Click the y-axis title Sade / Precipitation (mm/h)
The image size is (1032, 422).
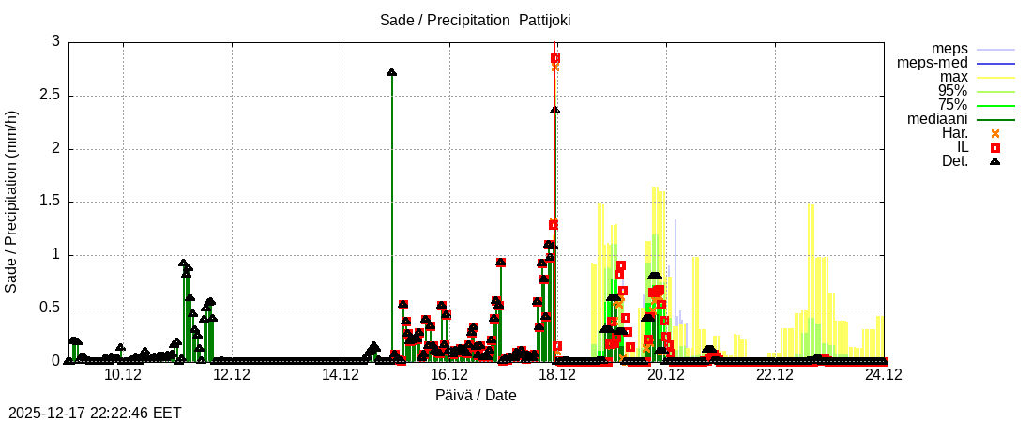coord(11,202)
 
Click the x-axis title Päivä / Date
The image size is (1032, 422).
coord(476,395)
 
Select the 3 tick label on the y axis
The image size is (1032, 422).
coord(55,41)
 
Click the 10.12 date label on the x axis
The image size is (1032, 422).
coord(123,374)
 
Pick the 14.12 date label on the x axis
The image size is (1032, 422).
coord(341,374)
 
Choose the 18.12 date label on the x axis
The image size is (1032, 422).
coord(557,374)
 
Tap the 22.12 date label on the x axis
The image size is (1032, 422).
coord(775,374)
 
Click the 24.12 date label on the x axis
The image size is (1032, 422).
coord(884,374)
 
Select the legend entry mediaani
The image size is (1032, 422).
coord(937,118)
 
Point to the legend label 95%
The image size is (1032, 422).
coord(952,90)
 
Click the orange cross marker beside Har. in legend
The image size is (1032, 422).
coord(995,133)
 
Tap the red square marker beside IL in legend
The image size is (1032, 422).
coord(995,147)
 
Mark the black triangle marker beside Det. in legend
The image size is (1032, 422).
coord(995,161)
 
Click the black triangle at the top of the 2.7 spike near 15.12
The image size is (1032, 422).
coord(391,72)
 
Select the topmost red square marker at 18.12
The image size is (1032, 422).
coord(555,58)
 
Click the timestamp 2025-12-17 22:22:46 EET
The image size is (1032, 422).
coord(95,413)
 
